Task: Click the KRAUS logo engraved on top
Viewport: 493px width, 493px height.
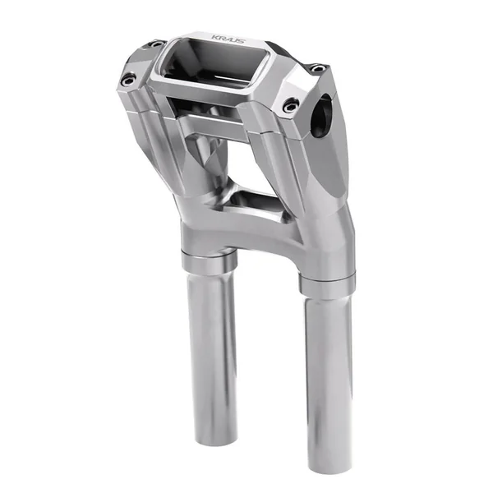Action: coord(226,38)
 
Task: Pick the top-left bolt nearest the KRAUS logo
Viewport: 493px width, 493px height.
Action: coord(154,43)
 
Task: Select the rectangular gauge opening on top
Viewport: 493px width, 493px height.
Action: coord(210,66)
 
